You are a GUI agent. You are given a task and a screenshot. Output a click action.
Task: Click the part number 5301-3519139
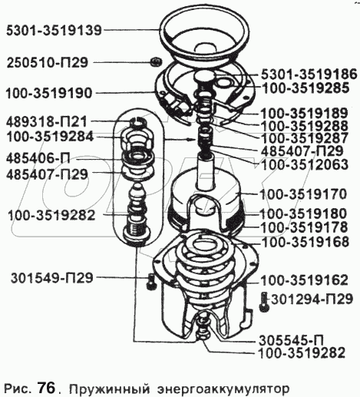[x=54, y=31]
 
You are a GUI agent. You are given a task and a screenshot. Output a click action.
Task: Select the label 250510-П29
[x=48, y=63]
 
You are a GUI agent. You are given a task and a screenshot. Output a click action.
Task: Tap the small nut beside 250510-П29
[x=156, y=61]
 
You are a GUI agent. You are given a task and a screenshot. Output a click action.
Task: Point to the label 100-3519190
[x=49, y=93]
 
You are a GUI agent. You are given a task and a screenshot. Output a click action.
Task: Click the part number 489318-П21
[x=47, y=122]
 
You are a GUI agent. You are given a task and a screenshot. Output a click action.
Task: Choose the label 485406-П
[x=38, y=159]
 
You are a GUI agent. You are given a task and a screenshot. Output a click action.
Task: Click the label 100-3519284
[x=50, y=137]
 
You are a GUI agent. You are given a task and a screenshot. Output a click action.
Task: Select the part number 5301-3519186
[x=309, y=74]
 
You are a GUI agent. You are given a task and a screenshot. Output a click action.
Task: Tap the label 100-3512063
[x=305, y=164]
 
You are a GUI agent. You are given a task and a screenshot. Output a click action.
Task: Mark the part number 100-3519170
[x=303, y=194]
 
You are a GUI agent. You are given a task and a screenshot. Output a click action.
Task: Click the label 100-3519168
[x=306, y=242]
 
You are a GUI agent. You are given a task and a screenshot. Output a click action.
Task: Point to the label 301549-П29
[x=51, y=278]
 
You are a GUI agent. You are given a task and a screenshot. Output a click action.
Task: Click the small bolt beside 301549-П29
[x=150, y=282]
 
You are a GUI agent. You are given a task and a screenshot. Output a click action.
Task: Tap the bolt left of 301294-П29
[x=264, y=302]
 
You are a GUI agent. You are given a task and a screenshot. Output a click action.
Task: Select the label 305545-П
[x=292, y=340]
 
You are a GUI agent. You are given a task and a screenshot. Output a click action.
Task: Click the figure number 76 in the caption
[x=46, y=388]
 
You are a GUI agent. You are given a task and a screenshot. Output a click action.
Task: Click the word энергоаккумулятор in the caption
[x=223, y=389]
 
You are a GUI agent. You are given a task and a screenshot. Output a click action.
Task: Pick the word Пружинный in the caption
[x=110, y=389]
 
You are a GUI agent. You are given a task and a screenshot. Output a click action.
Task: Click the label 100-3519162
[x=304, y=280]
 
